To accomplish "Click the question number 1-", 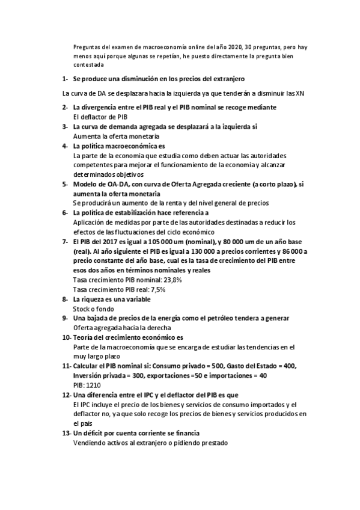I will (x=66, y=79).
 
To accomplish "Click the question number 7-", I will (x=66, y=241).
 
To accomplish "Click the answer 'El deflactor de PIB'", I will (x=100, y=116).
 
